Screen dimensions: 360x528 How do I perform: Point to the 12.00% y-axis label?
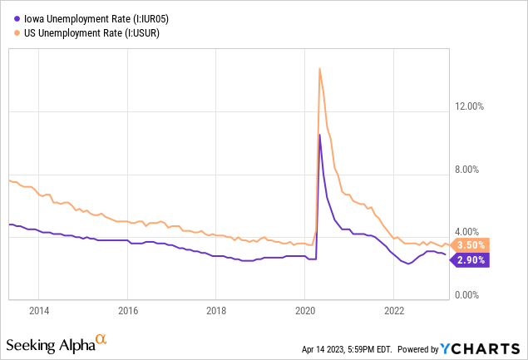[471, 106]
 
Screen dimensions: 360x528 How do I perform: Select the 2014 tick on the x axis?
[39, 311]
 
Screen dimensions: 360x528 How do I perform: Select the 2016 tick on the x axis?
[127, 311]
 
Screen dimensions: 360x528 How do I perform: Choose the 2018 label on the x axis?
[215, 311]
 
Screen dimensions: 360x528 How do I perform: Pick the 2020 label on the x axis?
[304, 311]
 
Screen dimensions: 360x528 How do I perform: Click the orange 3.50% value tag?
[471, 245]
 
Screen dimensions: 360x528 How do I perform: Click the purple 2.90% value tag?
[471, 260]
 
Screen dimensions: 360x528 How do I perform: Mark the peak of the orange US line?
[320, 68]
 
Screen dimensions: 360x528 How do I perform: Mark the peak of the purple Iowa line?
[320, 134]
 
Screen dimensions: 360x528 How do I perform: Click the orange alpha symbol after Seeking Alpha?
[101, 339]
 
